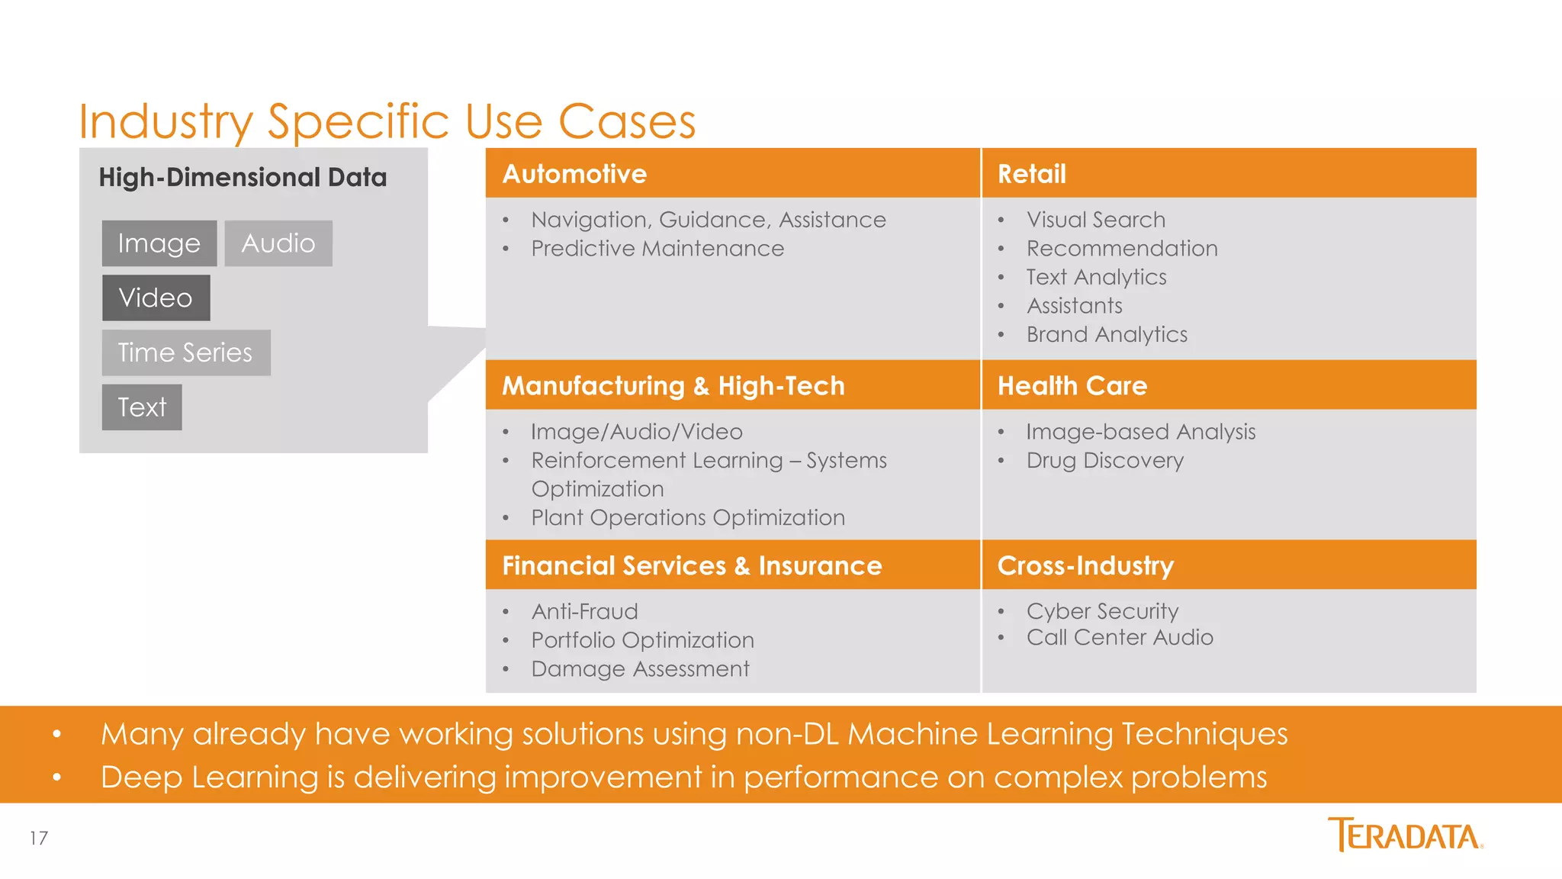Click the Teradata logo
[x=1405, y=835]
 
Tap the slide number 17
[x=39, y=838]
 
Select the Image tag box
[x=159, y=243]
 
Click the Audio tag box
[x=278, y=243]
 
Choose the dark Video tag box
[x=156, y=298]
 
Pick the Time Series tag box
[x=186, y=353]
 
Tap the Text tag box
[x=142, y=407]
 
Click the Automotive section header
[x=574, y=174]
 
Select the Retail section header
[x=1031, y=174]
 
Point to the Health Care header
[x=1072, y=385]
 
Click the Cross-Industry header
[x=1085, y=565]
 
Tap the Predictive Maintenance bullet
[x=657, y=249]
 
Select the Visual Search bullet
[x=1096, y=220]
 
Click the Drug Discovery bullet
[x=1104, y=461]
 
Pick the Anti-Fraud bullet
[x=585, y=611]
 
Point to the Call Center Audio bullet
[x=1120, y=637]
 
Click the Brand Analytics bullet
[x=1107, y=334]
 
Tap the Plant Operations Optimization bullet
[x=688, y=517]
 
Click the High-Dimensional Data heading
[x=243, y=177]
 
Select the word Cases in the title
[x=627, y=121]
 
